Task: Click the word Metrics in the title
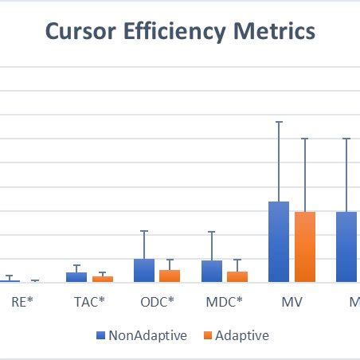tap(272, 32)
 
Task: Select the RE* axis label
tap(22, 303)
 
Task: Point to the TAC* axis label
tap(89, 303)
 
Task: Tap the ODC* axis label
tap(157, 303)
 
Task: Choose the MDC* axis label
tap(225, 303)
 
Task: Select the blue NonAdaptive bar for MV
tap(279, 242)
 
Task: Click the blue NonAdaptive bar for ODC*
tap(144, 270)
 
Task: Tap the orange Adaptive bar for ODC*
tap(170, 276)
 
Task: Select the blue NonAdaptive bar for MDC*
tap(212, 271)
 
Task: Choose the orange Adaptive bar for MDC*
tap(237, 276)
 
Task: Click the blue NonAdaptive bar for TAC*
tap(76, 277)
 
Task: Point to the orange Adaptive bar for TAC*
tap(103, 279)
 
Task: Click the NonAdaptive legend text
tap(147, 335)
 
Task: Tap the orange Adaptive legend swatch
tap(208, 336)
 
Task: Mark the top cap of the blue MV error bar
tap(279, 122)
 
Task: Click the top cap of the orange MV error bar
tap(305, 139)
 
